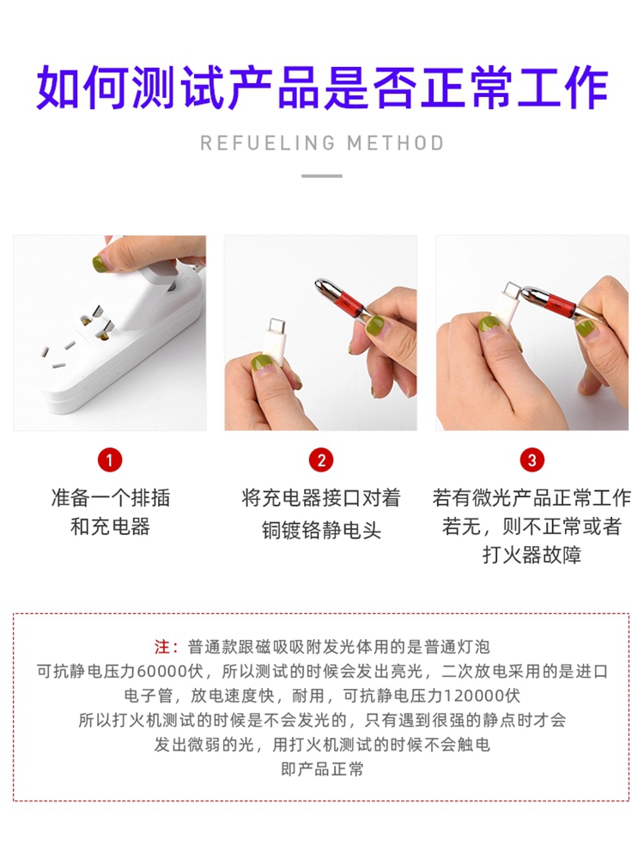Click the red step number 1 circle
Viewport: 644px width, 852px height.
(x=110, y=460)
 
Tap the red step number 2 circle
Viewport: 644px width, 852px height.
(x=321, y=460)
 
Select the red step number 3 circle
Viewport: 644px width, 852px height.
(x=532, y=460)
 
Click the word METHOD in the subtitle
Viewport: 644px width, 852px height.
(x=396, y=143)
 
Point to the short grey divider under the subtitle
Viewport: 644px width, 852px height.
(x=322, y=176)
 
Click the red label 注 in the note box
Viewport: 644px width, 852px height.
(x=162, y=647)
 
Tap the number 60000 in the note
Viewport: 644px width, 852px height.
(x=162, y=672)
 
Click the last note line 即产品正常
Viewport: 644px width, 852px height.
(x=322, y=769)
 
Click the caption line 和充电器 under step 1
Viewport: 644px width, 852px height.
(x=110, y=526)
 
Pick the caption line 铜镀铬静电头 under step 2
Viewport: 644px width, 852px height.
(x=322, y=530)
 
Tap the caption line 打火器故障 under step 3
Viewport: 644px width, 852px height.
(x=532, y=555)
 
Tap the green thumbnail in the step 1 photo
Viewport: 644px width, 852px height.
(x=99, y=264)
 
